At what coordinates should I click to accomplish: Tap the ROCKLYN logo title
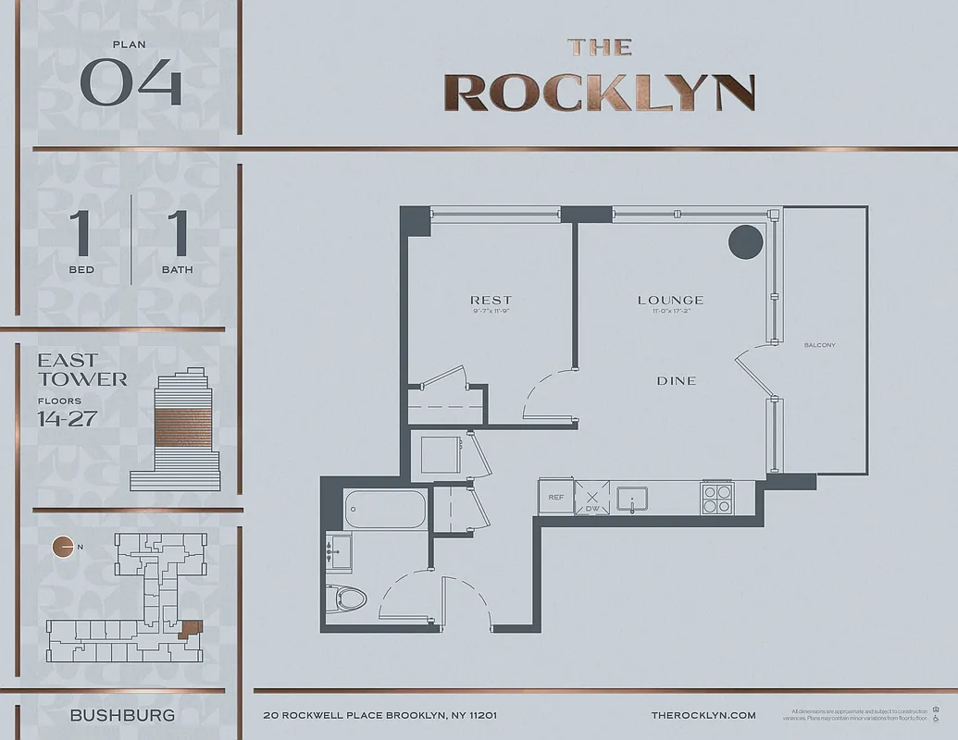pyautogui.click(x=600, y=91)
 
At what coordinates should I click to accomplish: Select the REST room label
pyautogui.click(x=491, y=300)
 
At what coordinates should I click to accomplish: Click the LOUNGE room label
pyautogui.click(x=670, y=300)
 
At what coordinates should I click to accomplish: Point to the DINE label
pyautogui.click(x=676, y=380)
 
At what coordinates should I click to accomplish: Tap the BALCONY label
pyautogui.click(x=820, y=345)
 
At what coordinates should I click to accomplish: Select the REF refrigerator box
pyautogui.click(x=555, y=497)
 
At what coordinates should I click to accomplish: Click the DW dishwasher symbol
pyautogui.click(x=591, y=498)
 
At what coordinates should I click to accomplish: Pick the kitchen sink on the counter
pyautogui.click(x=632, y=497)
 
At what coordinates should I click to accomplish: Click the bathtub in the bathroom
pyautogui.click(x=385, y=509)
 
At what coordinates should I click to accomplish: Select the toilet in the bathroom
pyautogui.click(x=352, y=598)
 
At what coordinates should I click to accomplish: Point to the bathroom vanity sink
pyautogui.click(x=339, y=553)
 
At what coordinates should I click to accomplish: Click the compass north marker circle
pyautogui.click(x=63, y=547)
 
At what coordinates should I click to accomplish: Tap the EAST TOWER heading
pyautogui.click(x=82, y=369)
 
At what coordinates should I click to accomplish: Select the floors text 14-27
pyautogui.click(x=67, y=417)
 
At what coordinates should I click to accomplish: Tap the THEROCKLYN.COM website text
pyautogui.click(x=703, y=715)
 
